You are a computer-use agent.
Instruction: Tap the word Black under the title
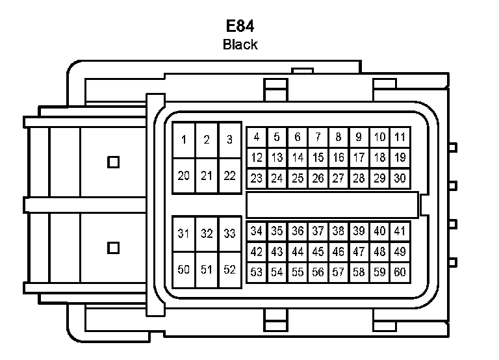point(240,45)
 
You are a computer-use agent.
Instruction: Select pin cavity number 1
point(184,140)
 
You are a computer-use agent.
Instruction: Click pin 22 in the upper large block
point(229,175)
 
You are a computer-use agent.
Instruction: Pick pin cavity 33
point(229,234)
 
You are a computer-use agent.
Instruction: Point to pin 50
point(184,270)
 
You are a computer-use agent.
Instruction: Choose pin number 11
point(400,137)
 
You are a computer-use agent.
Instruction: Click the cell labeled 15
point(318,157)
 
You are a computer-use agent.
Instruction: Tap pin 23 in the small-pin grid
point(257,177)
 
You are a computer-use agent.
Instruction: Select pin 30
point(400,177)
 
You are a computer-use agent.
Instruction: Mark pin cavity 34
point(257,231)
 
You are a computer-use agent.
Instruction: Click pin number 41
point(400,231)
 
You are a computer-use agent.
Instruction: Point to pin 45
point(318,251)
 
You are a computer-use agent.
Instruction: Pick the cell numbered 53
point(257,272)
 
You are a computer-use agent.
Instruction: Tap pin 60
point(400,272)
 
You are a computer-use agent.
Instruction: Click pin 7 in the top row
point(318,137)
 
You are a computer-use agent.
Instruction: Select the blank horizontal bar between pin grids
point(331,204)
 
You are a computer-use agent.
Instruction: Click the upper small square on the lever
point(114,161)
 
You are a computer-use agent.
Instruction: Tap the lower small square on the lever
point(114,247)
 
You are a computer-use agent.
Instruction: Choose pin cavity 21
point(207,175)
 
